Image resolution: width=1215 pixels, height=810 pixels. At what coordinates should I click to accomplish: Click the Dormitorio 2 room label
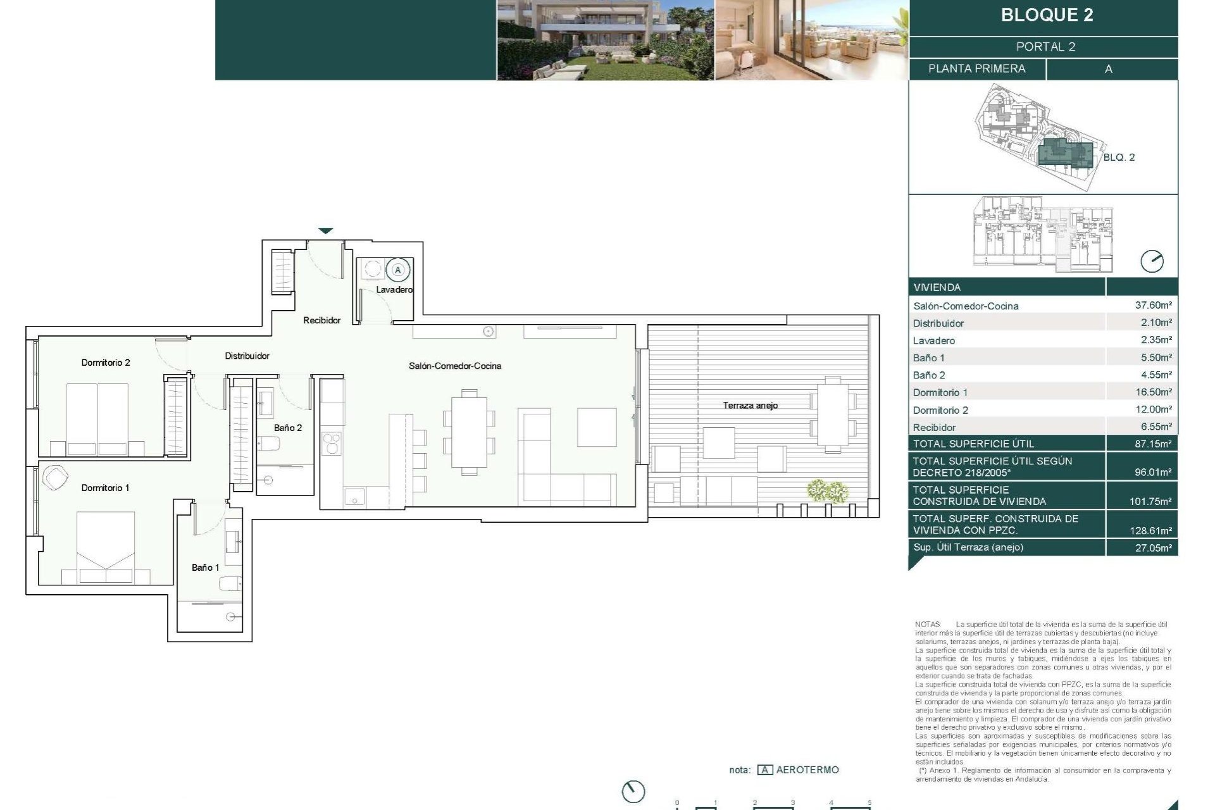(x=106, y=363)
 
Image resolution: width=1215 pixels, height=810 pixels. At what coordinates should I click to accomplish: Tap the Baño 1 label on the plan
(x=205, y=568)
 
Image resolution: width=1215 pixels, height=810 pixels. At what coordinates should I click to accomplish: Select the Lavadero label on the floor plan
(x=394, y=290)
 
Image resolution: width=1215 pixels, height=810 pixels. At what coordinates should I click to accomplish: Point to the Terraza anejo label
(x=750, y=406)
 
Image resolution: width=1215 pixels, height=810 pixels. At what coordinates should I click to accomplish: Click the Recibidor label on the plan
(x=321, y=320)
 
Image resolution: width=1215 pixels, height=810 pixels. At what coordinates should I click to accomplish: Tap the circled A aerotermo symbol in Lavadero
(x=398, y=270)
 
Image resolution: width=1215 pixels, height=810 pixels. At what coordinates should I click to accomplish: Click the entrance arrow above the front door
(x=325, y=231)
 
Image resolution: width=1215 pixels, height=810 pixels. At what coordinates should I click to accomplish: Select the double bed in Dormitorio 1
(x=106, y=545)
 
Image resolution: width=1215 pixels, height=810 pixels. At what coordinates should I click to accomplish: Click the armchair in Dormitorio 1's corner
(x=55, y=477)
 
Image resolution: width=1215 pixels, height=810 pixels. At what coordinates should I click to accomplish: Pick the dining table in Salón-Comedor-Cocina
(x=469, y=435)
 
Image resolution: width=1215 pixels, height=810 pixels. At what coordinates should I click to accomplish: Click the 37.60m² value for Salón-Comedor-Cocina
(x=1153, y=305)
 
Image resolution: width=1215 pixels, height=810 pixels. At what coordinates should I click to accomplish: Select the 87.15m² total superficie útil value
(x=1153, y=444)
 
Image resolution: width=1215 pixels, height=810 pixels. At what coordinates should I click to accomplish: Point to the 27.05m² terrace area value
(x=1153, y=548)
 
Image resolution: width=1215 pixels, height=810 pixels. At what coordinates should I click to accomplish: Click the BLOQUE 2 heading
(x=1047, y=15)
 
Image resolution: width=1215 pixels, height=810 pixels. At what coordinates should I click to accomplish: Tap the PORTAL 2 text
(x=1045, y=47)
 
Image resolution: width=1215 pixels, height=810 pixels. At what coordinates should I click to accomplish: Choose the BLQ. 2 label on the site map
(x=1119, y=158)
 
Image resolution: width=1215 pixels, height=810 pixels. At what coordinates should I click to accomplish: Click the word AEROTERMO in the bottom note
(x=807, y=770)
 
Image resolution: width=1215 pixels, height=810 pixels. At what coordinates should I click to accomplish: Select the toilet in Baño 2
(x=268, y=444)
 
